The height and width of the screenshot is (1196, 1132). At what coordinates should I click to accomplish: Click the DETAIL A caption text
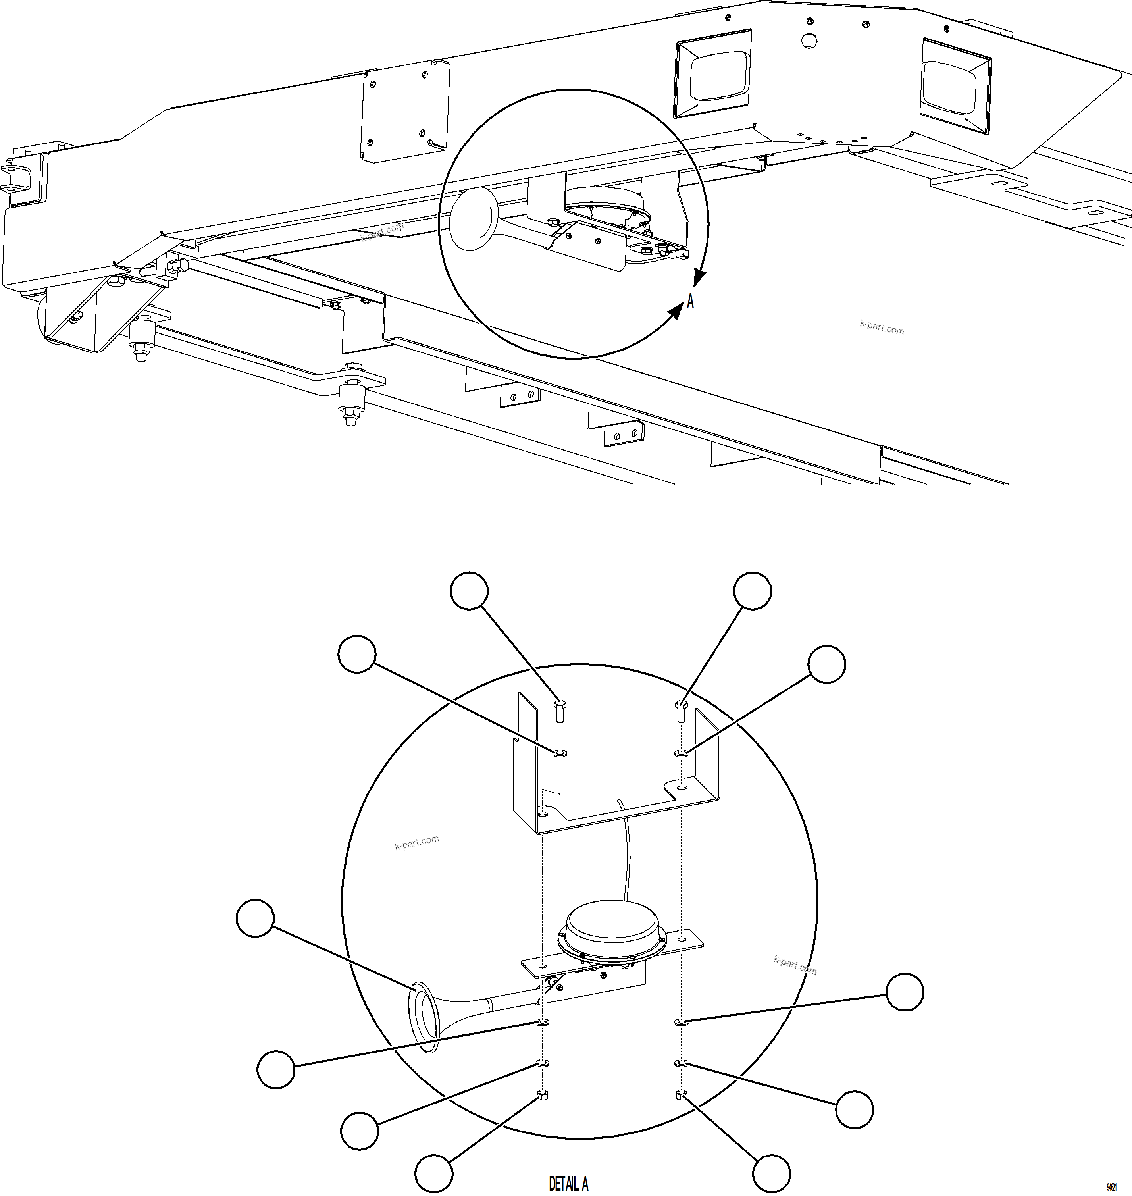pos(568,1183)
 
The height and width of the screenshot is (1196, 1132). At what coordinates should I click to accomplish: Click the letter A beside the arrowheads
pos(690,300)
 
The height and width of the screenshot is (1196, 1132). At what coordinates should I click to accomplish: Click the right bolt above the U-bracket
pos(681,711)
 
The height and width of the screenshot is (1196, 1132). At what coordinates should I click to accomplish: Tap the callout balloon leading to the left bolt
pos(470,590)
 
